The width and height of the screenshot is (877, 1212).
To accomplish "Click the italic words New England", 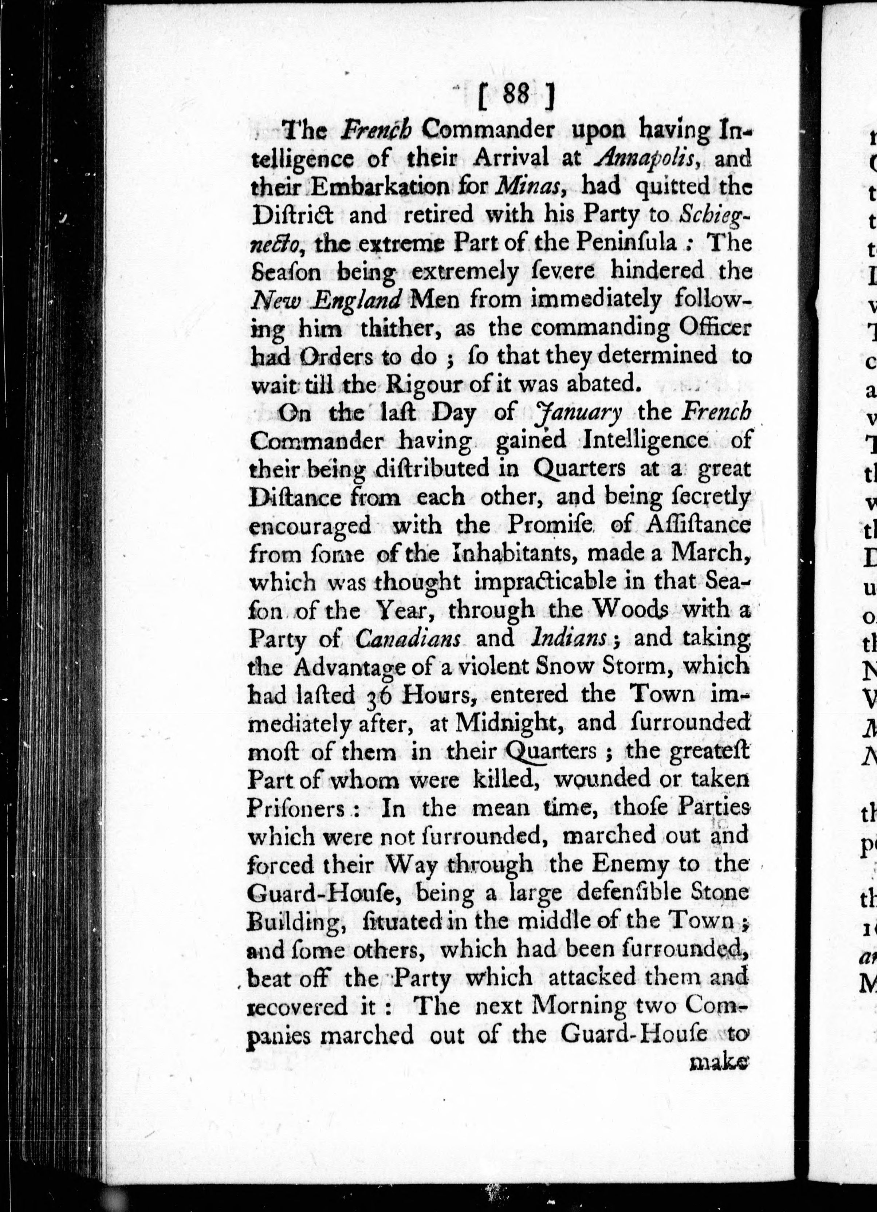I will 326,300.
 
